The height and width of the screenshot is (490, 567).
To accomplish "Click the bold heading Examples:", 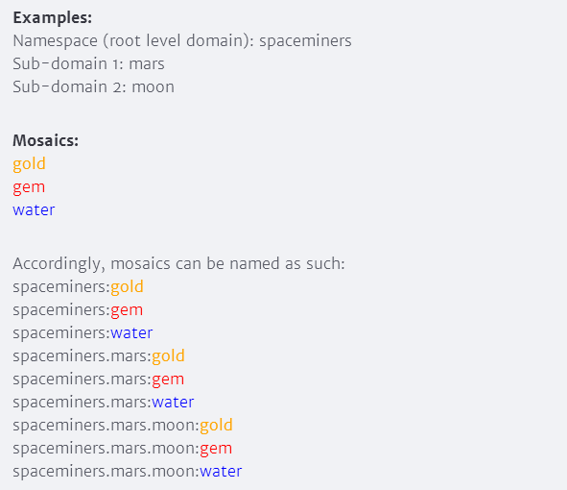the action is click(x=53, y=17).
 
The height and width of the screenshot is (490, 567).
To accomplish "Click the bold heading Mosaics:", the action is click(x=45, y=140).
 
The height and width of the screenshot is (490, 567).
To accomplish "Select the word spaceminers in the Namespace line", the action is click(x=305, y=41).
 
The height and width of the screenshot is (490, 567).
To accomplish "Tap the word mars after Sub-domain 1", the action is click(x=147, y=64).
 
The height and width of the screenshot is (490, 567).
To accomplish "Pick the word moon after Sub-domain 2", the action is click(x=153, y=87).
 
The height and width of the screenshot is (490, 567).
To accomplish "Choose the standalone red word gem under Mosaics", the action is click(x=29, y=188).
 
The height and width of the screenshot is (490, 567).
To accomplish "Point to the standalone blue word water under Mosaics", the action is click(x=34, y=210).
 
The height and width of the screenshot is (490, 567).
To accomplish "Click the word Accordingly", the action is click(x=59, y=264).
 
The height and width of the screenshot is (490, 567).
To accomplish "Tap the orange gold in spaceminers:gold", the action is click(x=127, y=287).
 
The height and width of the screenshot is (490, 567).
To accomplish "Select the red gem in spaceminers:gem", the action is click(x=127, y=310).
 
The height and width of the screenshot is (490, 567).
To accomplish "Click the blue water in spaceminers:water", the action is click(x=131, y=332).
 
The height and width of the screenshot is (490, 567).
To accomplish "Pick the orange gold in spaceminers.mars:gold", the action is click(x=168, y=356).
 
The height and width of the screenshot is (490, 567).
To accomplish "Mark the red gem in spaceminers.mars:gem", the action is click(x=168, y=380).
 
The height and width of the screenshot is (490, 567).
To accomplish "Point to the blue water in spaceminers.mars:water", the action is click(x=173, y=402).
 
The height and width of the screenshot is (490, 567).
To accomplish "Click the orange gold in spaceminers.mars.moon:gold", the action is click(x=216, y=426).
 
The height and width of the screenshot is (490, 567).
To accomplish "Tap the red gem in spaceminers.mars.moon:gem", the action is click(x=216, y=449).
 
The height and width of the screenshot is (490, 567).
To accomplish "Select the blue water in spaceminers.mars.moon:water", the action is click(x=221, y=471).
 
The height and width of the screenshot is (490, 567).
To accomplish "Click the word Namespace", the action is click(x=56, y=41).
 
